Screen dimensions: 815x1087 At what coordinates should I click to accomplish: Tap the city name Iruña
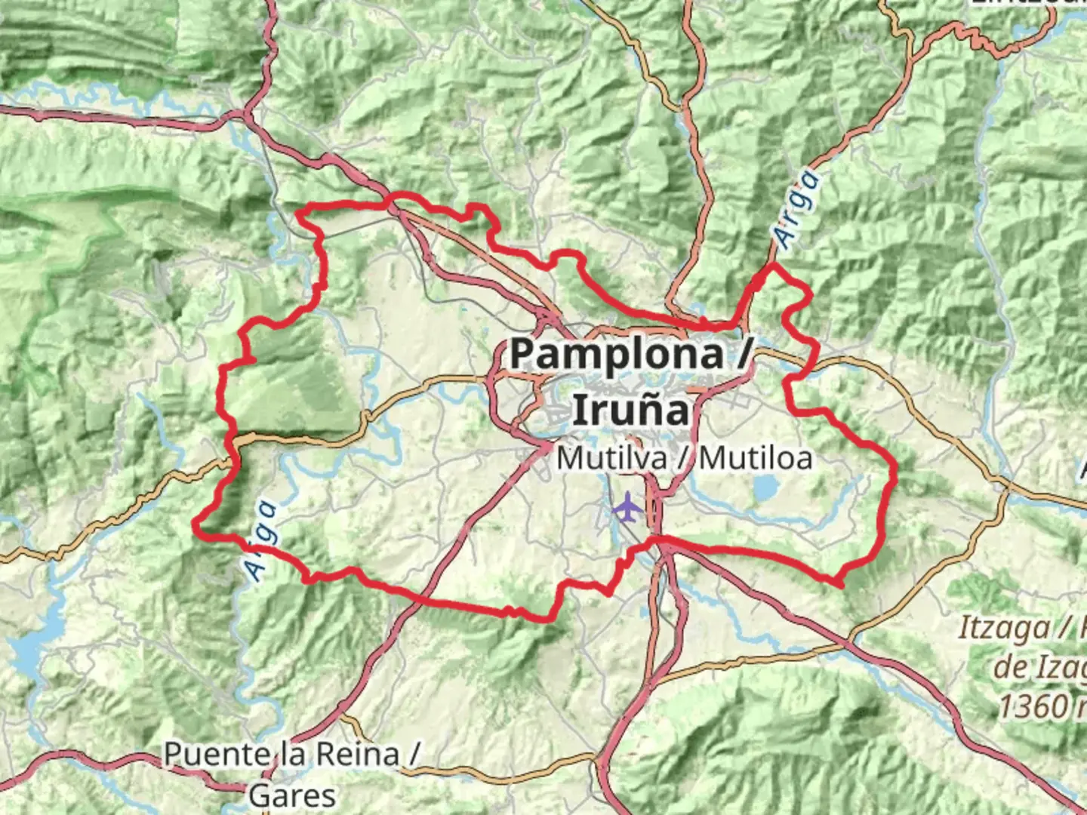(631, 410)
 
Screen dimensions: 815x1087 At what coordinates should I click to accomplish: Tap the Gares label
(292, 795)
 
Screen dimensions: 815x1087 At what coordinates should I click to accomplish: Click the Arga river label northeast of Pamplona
(797, 210)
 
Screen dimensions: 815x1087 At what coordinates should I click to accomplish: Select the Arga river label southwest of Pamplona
(261, 541)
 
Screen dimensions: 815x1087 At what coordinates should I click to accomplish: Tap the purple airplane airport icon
(627, 507)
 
